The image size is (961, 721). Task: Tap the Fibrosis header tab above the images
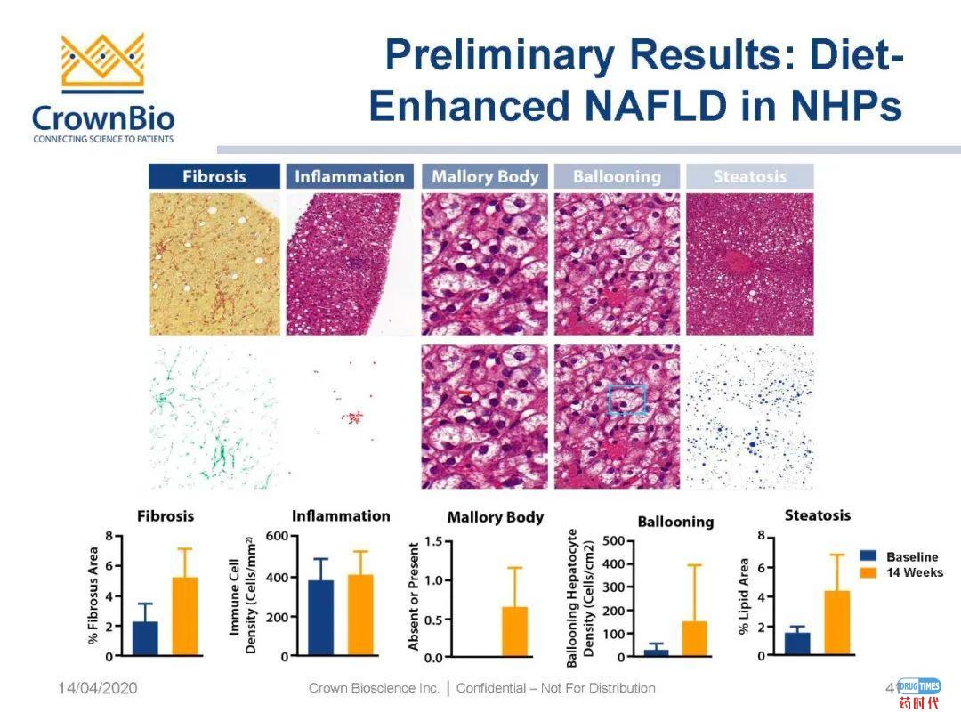[214, 176]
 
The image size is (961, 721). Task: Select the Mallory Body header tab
[485, 176]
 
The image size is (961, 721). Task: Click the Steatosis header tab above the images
[749, 176]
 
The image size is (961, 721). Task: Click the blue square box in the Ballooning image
[626, 399]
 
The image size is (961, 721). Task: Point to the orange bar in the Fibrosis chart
[184, 616]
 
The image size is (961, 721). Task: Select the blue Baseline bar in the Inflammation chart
[321, 618]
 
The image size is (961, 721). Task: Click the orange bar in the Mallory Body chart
[514, 632]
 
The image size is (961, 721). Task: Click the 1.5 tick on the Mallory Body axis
[432, 541]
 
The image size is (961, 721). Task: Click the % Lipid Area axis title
[745, 595]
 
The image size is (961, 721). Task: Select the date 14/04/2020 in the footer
[98, 688]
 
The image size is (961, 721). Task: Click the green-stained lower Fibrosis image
[214, 417]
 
